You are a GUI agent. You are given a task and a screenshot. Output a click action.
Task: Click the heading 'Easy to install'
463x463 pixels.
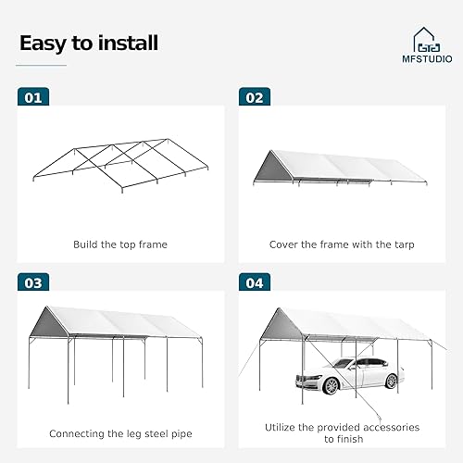[x=89, y=43]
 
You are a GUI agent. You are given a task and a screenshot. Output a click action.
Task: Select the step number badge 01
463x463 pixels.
[x=33, y=96]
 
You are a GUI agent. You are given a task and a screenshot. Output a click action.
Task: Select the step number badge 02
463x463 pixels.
[x=255, y=96]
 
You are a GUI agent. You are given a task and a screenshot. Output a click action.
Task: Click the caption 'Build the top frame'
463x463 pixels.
[x=120, y=244]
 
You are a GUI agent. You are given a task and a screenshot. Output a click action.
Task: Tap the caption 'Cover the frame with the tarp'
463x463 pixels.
[x=341, y=244]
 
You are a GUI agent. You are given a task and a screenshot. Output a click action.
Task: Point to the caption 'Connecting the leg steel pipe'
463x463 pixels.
[x=120, y=433]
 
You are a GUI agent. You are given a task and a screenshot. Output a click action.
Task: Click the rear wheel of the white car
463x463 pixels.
[x=390, y=380]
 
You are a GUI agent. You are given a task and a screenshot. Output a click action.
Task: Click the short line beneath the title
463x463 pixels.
[x=43, y=65]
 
